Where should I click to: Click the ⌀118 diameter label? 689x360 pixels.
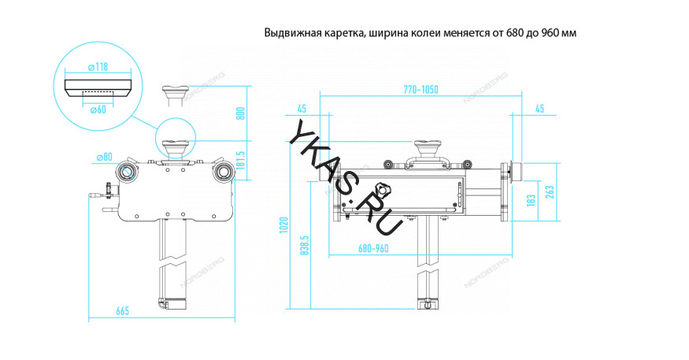(97, 67)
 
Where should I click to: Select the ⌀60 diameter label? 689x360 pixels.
(97, 109)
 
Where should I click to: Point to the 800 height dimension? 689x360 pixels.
(242, 114)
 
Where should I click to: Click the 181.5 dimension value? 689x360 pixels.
(242, 161)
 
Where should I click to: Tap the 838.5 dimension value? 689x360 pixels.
(304, 247)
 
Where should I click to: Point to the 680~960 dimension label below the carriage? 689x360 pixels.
(374, 248)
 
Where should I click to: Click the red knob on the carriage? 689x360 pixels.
(384, 190)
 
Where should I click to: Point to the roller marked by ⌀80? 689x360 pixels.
(125, 172)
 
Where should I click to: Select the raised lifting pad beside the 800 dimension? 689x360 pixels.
(174, 91)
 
